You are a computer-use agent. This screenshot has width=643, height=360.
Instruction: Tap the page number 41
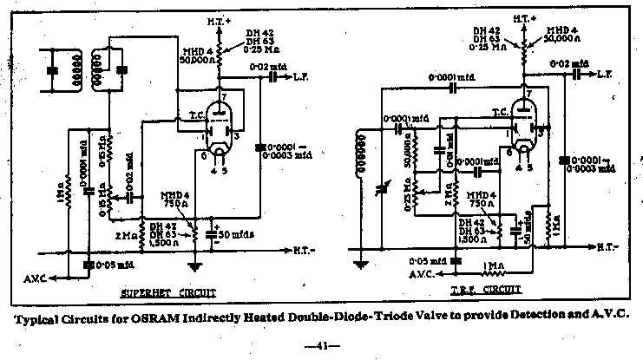[322, 346]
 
